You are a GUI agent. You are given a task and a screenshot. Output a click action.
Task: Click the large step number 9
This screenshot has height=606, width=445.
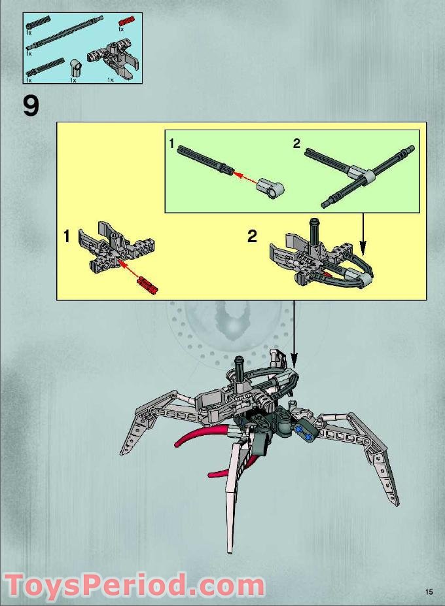tap(31, 106)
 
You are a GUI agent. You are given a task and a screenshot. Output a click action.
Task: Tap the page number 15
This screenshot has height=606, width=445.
tap(429, 592)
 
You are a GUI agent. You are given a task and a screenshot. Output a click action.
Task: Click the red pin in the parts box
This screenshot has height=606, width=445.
tap(125, 23)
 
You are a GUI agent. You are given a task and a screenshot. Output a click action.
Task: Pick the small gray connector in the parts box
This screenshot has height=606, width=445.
tap(76, 66)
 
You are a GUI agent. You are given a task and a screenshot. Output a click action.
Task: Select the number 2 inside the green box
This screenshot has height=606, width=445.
tap(296, 144)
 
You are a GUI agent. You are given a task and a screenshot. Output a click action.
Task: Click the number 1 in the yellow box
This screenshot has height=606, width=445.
tap(66, 237)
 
